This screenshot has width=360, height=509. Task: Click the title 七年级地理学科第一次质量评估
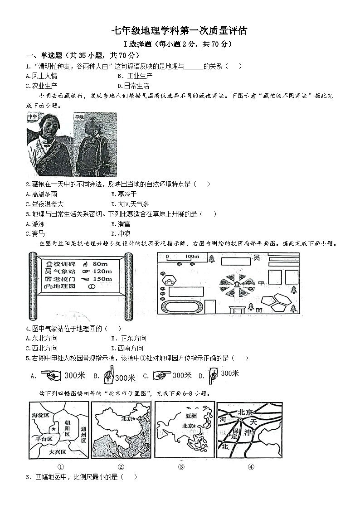(x=180, y=31)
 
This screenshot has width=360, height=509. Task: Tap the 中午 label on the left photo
(x=33, y=117)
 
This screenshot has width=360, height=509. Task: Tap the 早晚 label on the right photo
(x=80, y=117)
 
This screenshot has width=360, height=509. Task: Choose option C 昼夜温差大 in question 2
(x=45, y=204)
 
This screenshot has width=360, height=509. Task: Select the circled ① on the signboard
(x=91, y=287)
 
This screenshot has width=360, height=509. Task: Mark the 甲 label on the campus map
(x=261, y=283)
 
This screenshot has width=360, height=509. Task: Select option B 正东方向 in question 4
(x=130, y=338)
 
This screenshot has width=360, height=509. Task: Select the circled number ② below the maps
(x=121, y=467)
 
